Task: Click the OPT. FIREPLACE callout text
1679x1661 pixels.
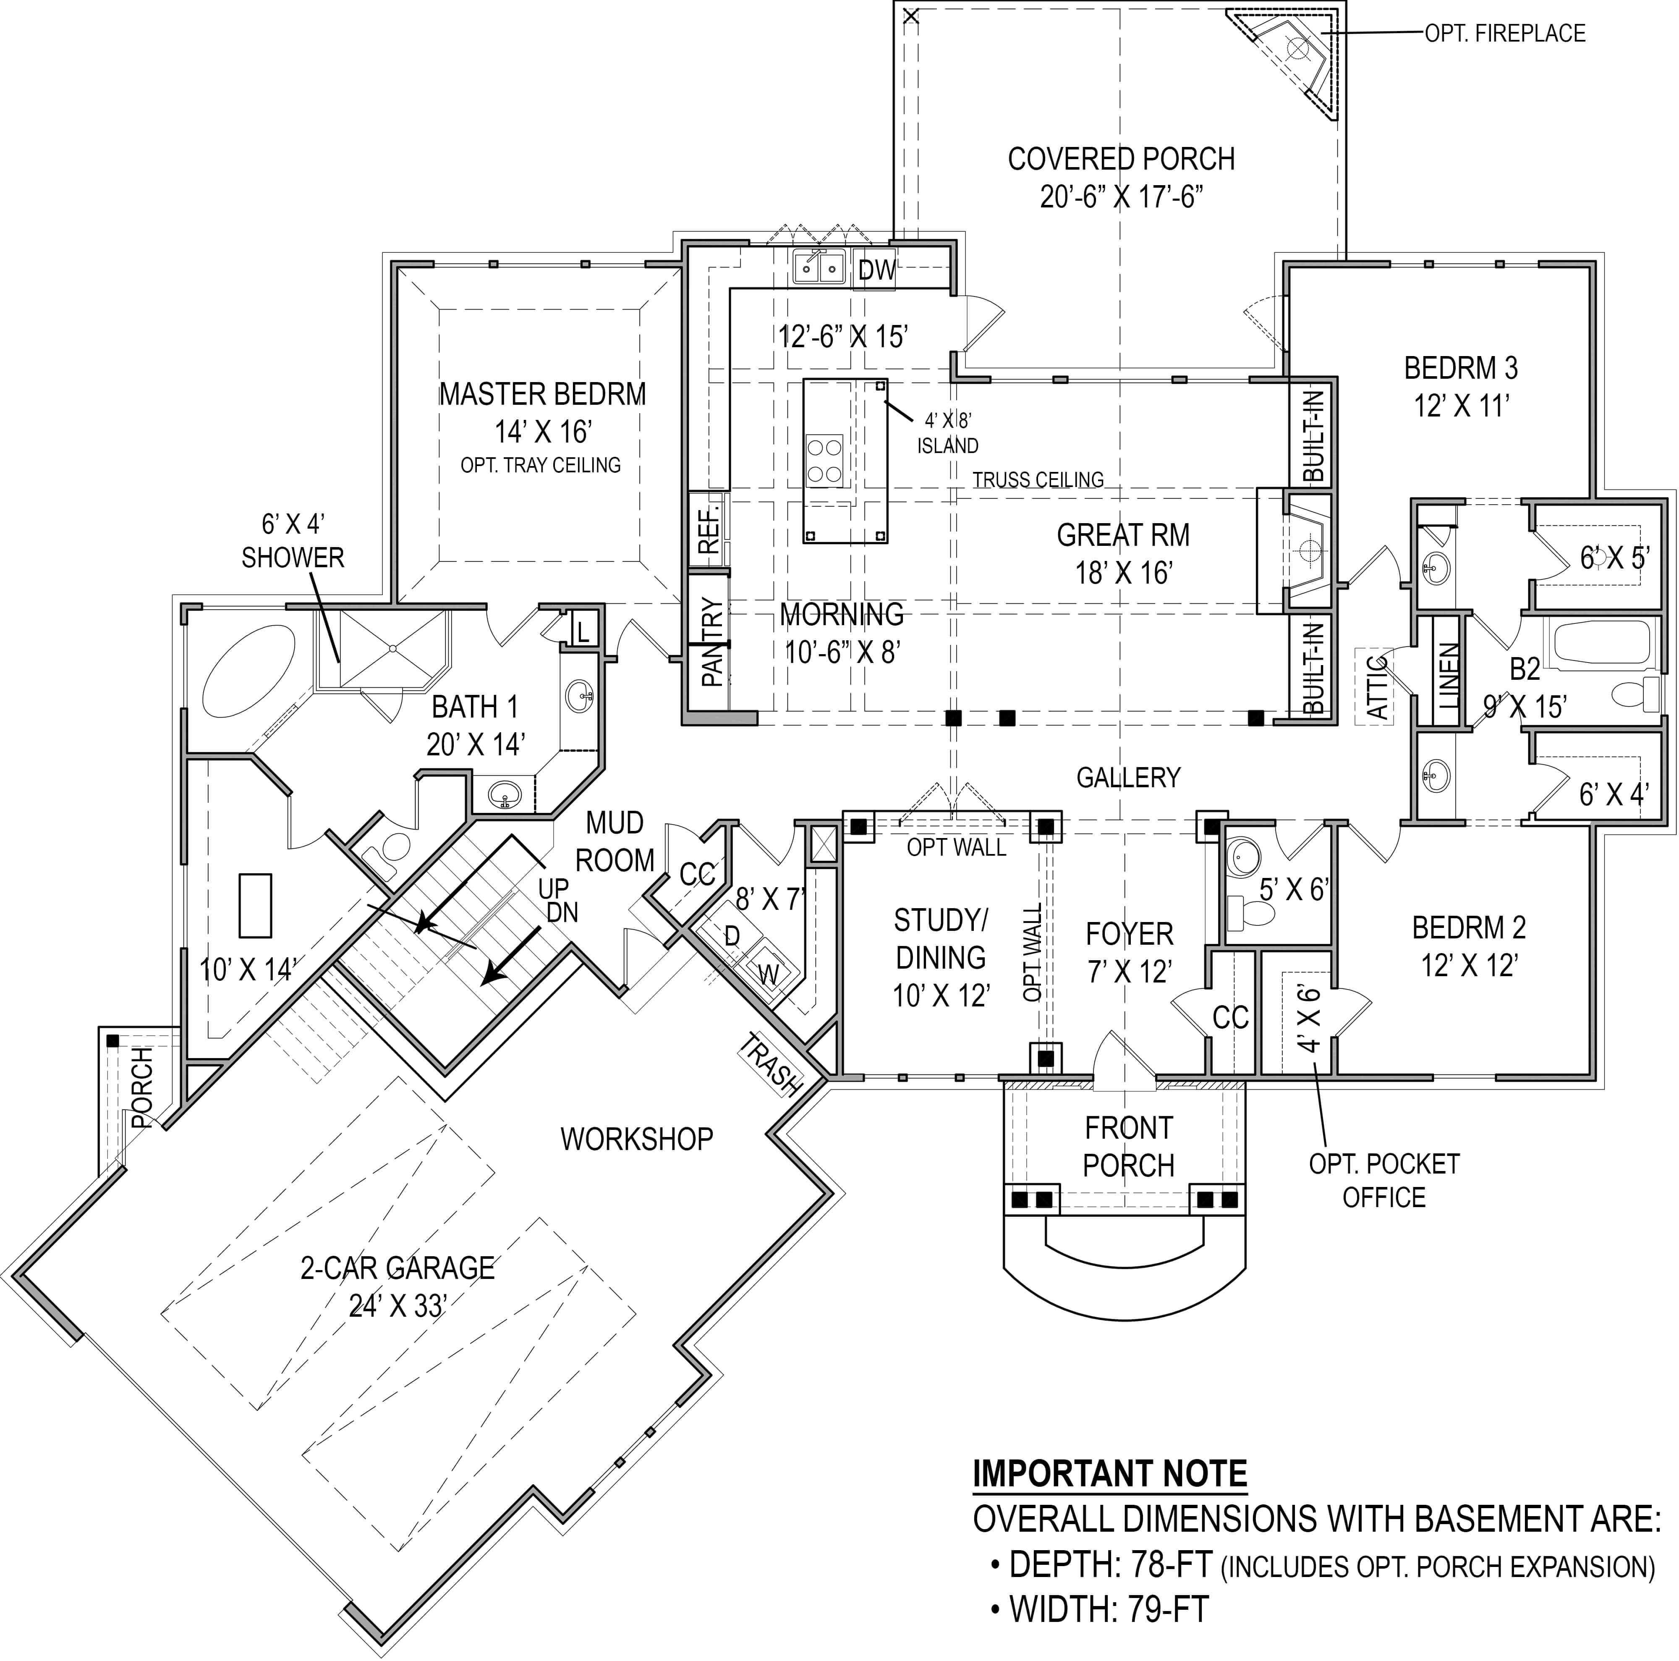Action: (1504, 33)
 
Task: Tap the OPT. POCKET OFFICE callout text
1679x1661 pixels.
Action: (1383, 1180)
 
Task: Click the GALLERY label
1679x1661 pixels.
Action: (1128, 777)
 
